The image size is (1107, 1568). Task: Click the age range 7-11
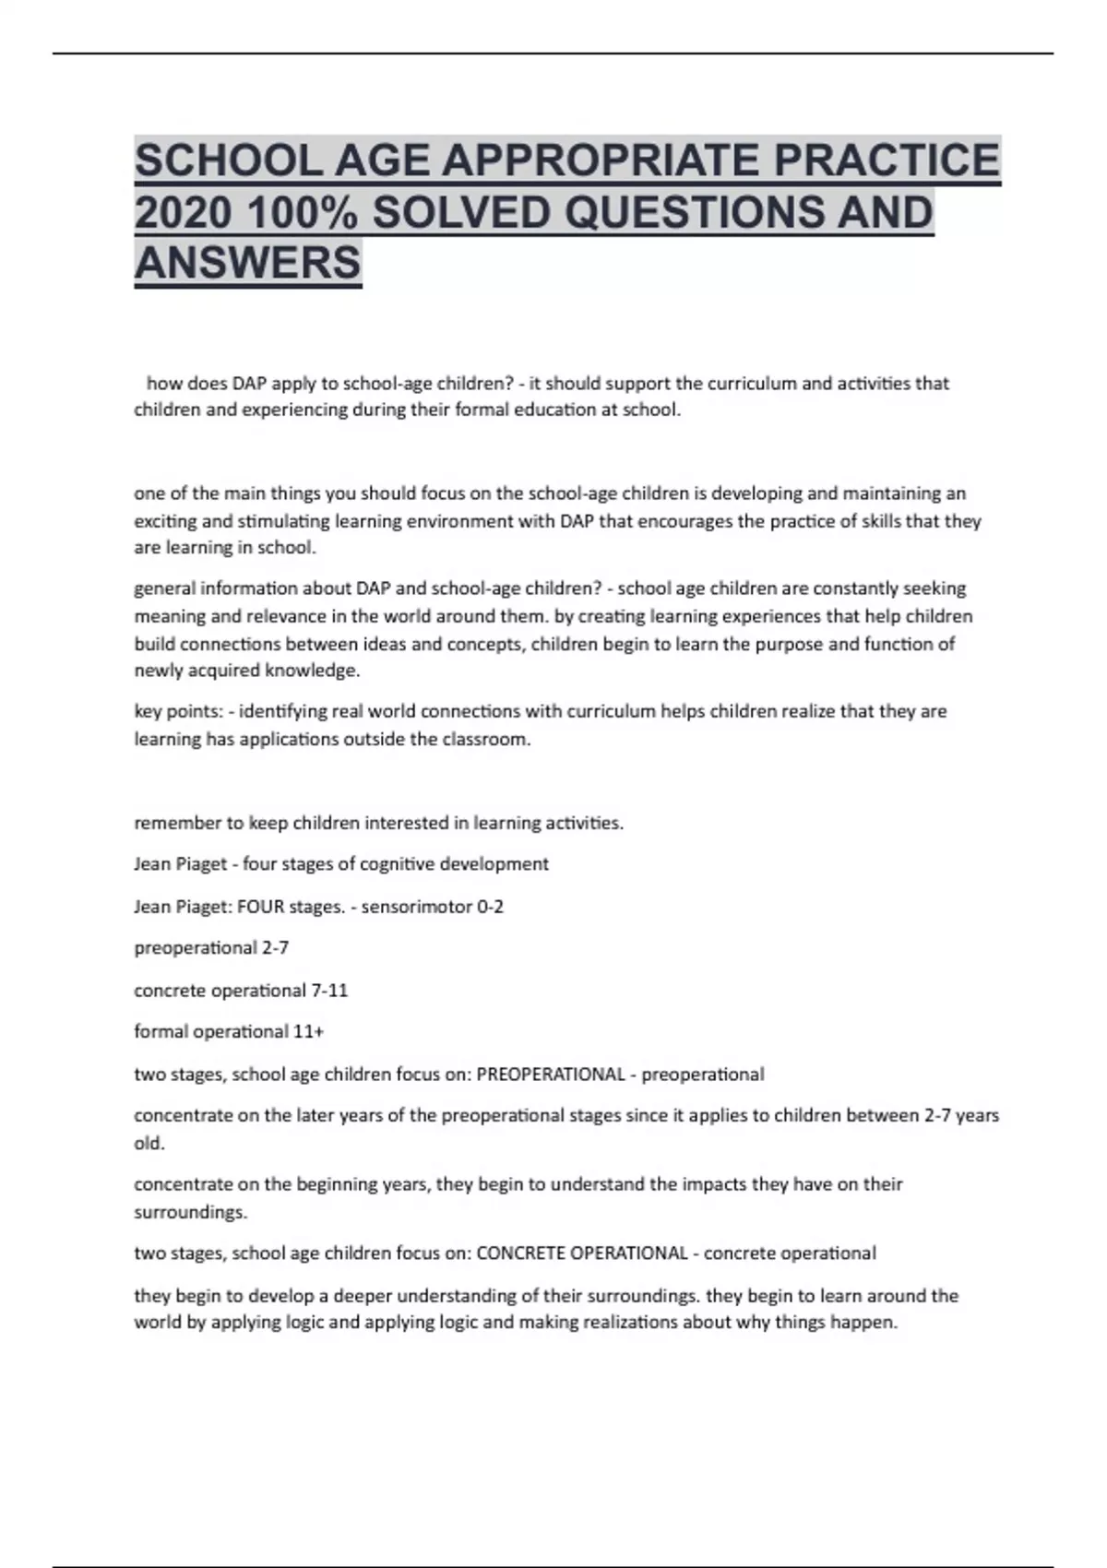coord(329,991)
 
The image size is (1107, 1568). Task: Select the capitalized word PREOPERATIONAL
coord(551,1075)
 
